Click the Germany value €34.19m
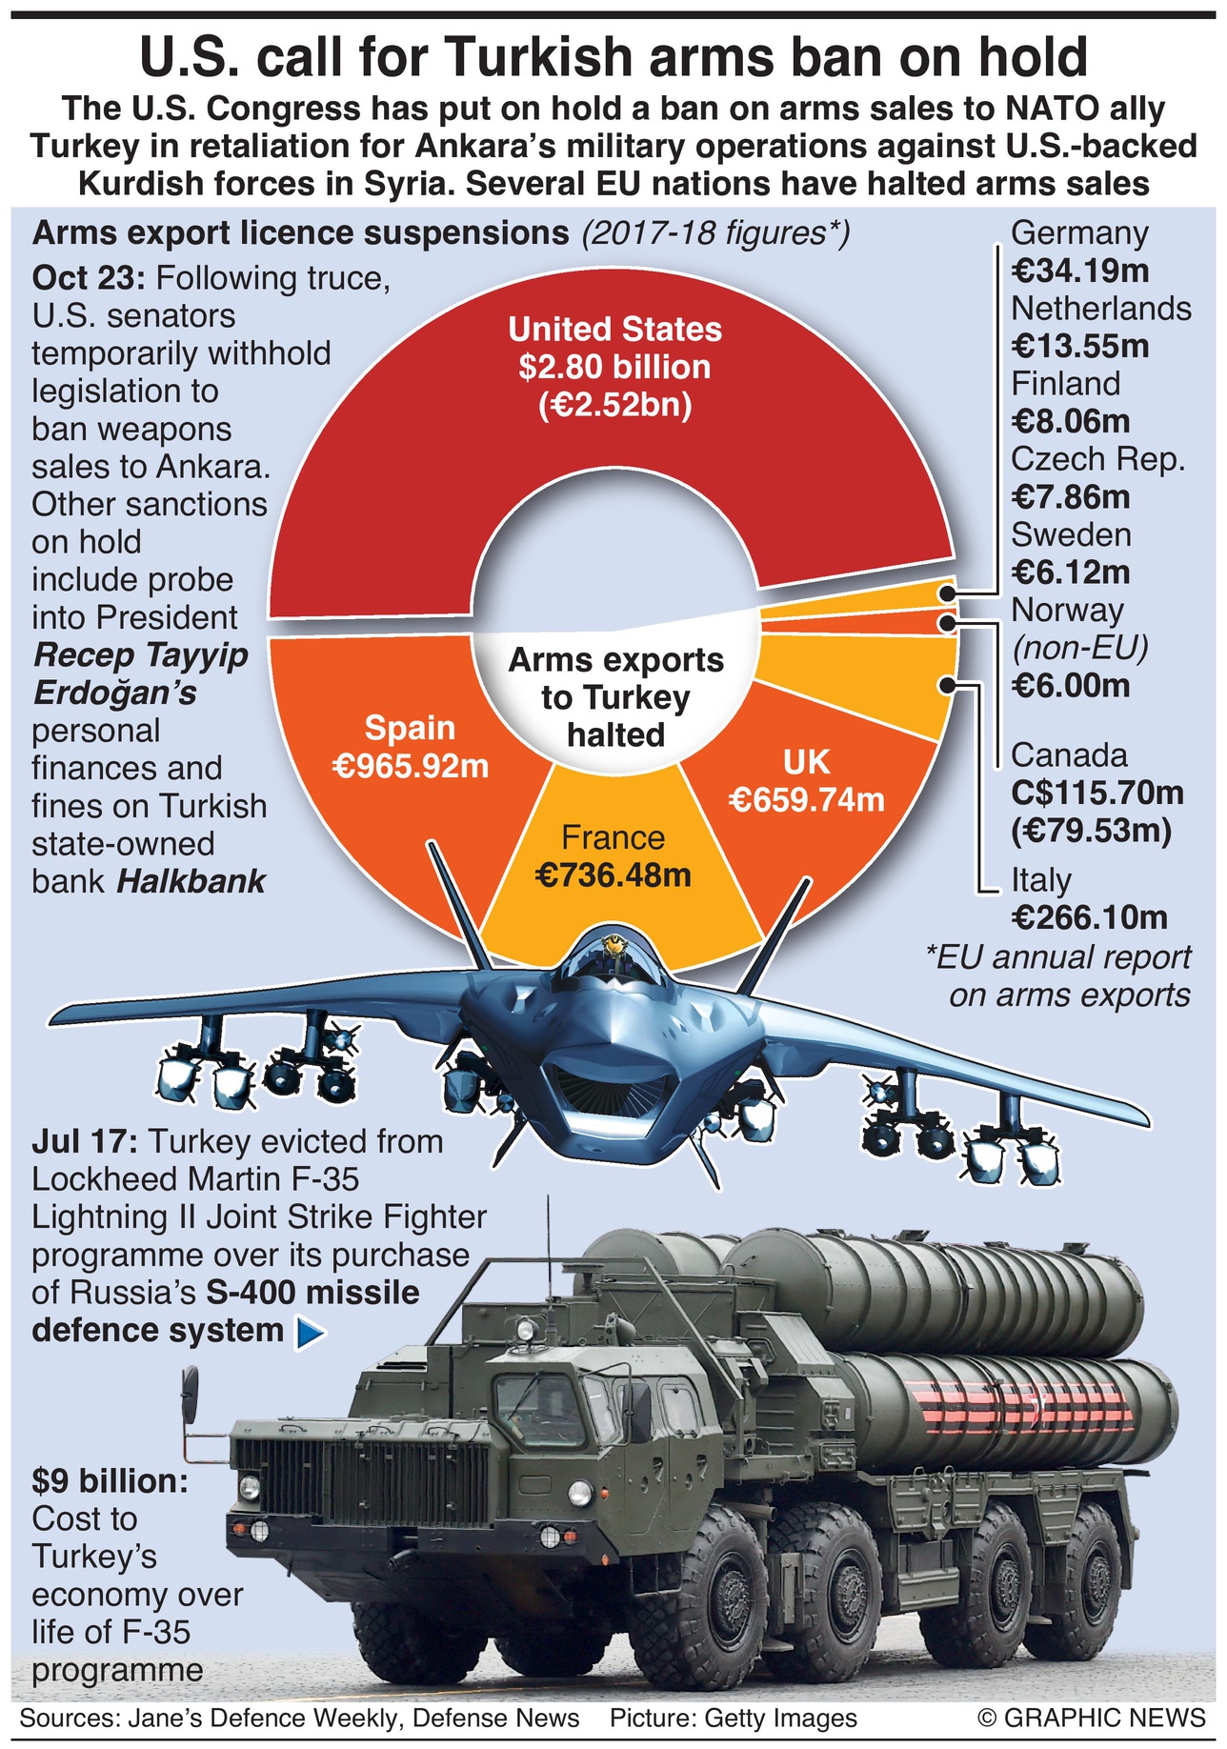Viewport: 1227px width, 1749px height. click(1079, 271)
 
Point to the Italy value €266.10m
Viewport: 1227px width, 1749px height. click(1089, 917)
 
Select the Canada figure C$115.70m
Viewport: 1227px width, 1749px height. click(1096, 793)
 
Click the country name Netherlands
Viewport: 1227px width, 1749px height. click(1100, 309)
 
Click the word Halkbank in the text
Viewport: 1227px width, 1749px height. click(191, 881)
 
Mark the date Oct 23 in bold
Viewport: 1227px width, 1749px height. click(88, 279)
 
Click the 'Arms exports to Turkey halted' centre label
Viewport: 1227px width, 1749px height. click(615, 697)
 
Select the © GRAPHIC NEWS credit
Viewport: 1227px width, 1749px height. click(1091, 1718)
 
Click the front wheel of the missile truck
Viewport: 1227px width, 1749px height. click(696, 1600)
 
